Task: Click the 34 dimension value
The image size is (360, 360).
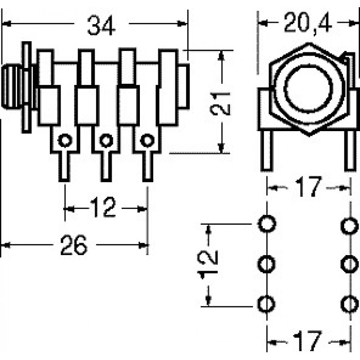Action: point(101,26)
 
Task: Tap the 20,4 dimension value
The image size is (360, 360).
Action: point(308,23)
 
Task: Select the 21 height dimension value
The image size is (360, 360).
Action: point(220,104)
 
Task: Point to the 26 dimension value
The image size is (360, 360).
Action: point(74,245)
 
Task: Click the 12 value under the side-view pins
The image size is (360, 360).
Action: point(103,208)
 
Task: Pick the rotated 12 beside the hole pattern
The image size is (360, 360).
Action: point(208,265)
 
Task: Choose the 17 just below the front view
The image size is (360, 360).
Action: point(308,186)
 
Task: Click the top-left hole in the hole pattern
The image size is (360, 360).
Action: point(267,224)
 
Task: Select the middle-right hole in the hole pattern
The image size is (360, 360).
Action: point(350,264)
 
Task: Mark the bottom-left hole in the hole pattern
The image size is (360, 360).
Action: point(266,304)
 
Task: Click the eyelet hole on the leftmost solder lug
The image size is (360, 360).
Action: point(65,140)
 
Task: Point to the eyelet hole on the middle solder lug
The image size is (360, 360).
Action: point(106,140)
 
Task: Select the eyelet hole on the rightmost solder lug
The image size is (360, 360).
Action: point(147,140)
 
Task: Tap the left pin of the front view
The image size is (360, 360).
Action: point(267,151)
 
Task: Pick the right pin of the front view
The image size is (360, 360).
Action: point(350,151)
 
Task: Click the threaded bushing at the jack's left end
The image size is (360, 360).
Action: point(11,87)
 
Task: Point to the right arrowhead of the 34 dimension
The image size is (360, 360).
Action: point(183,24)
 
